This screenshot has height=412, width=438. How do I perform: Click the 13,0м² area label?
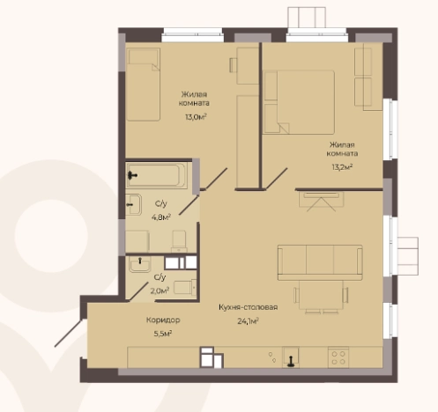[x=196, y=117]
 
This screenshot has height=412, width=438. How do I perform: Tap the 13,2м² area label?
[x=342, y=167]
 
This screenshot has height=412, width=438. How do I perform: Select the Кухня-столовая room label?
[x=249, y=307]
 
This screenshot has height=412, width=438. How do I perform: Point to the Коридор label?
[x=163, y=320]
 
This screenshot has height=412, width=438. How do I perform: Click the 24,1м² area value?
[x=248, y=321]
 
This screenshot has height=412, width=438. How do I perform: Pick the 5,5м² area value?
[x=163, y=334]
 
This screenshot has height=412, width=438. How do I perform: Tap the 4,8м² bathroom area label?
[x=161, y=217]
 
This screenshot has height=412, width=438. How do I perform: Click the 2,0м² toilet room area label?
[x=160, y=291]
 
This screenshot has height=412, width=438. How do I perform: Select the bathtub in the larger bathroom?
[x=157, y=175]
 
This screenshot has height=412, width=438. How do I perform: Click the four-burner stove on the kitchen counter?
[x=338, y=357]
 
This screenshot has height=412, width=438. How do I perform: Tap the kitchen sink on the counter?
[x=291, y=357]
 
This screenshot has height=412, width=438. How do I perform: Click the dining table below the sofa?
[x=321, y=295]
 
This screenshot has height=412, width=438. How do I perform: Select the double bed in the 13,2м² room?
[x=300, y=102]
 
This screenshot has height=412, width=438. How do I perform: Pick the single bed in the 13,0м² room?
[x=144, y=85]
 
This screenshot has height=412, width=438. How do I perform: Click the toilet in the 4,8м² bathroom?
[x=179, y=241]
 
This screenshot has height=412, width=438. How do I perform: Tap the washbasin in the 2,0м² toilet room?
[x=140, y=264]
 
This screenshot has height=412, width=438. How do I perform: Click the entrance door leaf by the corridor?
[x=69, y=333]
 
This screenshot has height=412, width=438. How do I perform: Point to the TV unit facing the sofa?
[x=321, y=200]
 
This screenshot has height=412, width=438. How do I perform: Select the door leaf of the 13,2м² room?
[x=276, y=178]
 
